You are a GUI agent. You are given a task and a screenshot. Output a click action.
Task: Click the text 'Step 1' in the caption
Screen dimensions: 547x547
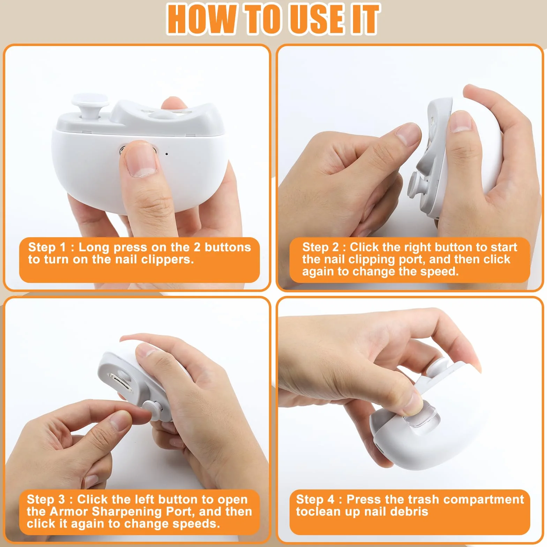[47, 247]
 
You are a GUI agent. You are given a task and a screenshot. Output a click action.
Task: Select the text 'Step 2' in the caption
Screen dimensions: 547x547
[321, 247]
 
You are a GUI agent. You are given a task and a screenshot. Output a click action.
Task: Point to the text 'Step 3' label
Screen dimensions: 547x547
[46, 499]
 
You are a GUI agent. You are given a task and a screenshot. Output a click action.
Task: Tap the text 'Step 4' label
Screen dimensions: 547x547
[315, 499]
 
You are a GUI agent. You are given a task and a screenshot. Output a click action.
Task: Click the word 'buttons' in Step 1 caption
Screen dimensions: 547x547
[228, 247]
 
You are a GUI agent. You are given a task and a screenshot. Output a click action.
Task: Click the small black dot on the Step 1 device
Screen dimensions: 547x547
[167, 154]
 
